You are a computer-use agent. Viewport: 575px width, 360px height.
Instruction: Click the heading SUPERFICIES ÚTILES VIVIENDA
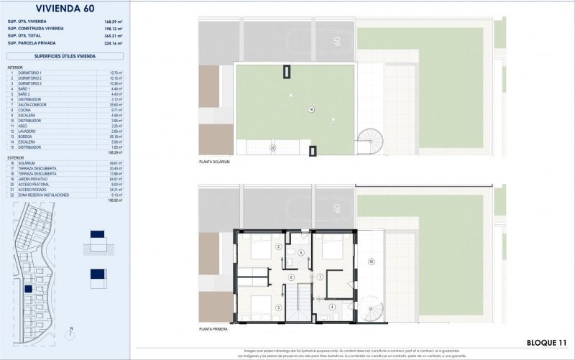65,55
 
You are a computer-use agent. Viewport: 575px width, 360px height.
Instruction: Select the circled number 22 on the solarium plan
272,147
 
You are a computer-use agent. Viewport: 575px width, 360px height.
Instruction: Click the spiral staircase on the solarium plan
372,141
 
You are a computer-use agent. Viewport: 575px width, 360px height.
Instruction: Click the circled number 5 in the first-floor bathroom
301,253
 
